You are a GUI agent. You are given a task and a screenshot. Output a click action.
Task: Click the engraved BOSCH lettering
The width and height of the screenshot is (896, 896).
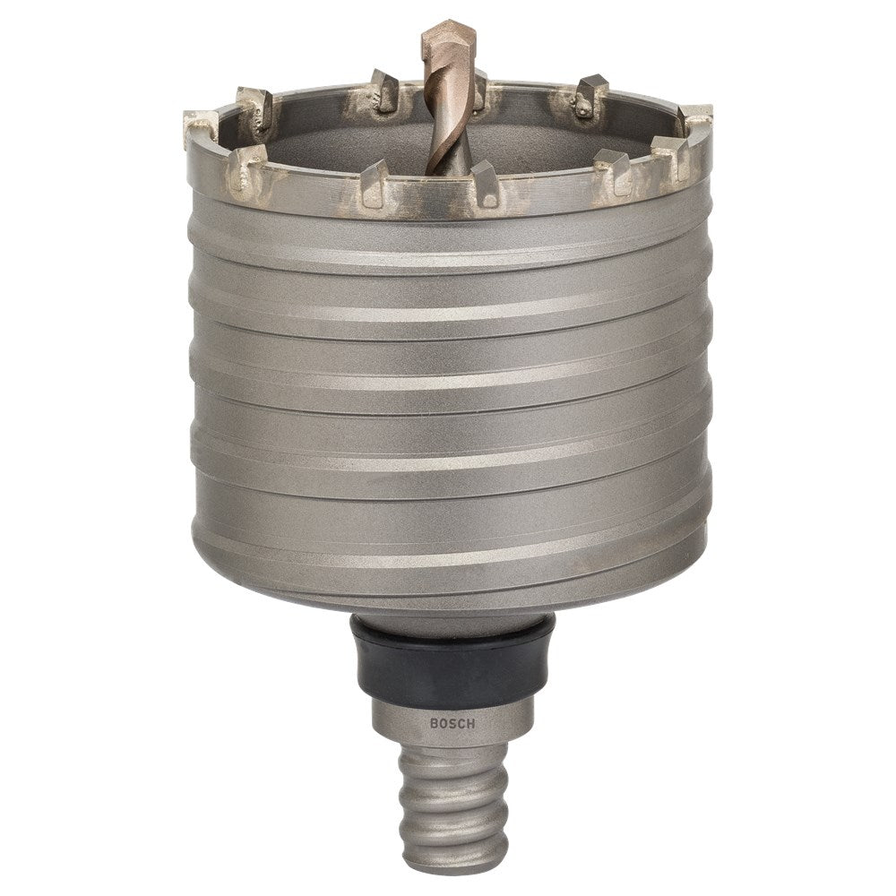click(452, 723)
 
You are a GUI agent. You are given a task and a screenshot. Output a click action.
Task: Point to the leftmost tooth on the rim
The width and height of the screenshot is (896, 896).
click(200, 127)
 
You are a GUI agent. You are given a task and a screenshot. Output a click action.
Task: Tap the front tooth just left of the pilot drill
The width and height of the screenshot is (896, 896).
click(375, 183)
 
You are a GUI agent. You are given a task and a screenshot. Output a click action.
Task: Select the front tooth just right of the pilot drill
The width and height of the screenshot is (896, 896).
click(484, 183)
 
